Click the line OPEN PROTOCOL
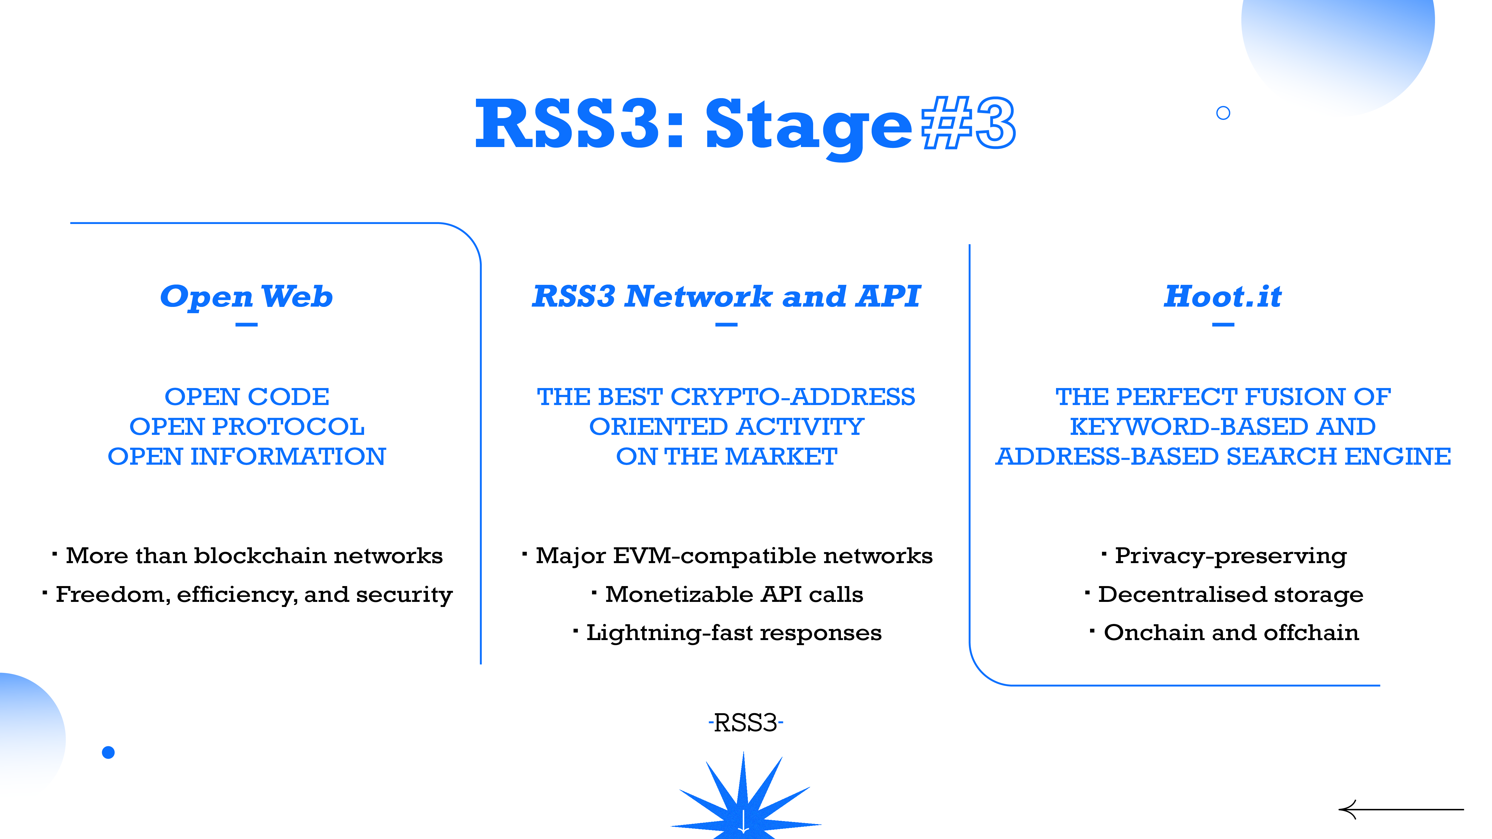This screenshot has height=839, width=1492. point(247,427)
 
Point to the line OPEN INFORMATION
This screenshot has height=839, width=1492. point(247,457)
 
